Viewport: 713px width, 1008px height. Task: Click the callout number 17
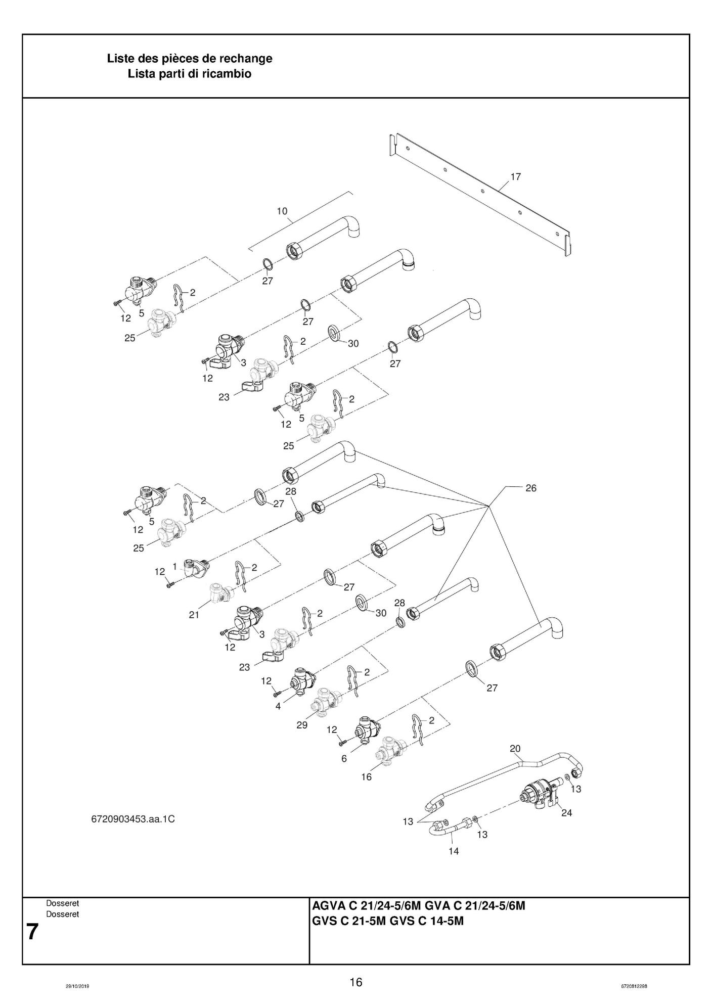[x=516, y=177]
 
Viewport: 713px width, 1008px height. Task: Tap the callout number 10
[x=282, y=211]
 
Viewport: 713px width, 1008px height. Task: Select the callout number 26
[x=531, y=488]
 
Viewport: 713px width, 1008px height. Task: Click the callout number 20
[x=515, y=749]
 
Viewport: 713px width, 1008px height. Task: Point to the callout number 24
[x=566, y=813]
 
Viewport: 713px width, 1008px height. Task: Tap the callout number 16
[x=366, y=777]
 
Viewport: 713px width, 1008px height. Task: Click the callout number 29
[x=302, y=725]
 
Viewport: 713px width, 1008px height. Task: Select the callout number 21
[x=194, y=615]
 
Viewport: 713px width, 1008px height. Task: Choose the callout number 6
[x=344, y=759]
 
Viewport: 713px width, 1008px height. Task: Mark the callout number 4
[x=278, y=706]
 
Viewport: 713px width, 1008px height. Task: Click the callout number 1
[x=174, y=567]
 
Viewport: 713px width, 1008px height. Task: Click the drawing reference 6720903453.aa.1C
[x=133, y=819]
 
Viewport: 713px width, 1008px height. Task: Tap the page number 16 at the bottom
[x=356, y=983]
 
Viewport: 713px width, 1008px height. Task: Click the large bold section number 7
[x=32, y=932]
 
